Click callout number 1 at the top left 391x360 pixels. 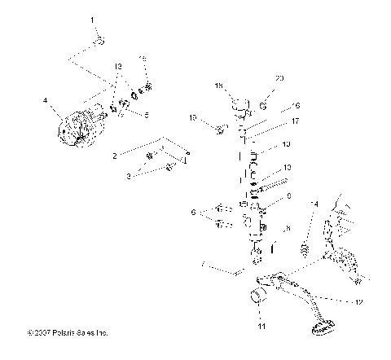coord(92,19)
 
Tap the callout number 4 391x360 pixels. coord(46,102)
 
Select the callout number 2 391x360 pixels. coord(115,154)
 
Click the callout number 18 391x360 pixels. coord(218,85)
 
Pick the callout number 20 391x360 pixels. coord(279,78)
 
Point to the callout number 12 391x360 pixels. coord(357,301)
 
